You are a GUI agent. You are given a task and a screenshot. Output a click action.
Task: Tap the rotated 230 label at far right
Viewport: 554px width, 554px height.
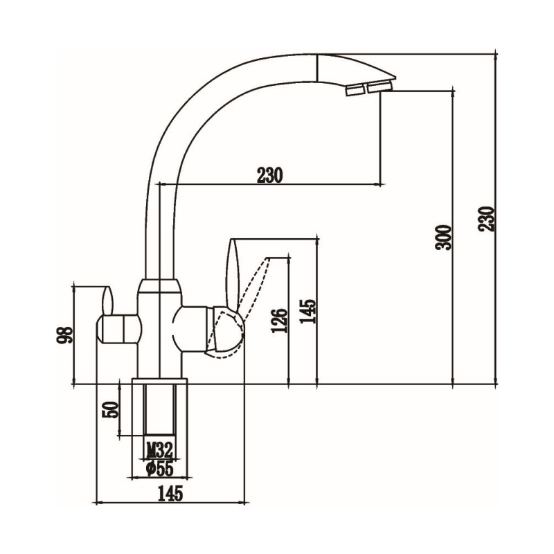coord(487,219)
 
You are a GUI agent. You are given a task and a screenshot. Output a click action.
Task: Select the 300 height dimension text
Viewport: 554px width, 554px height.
coord(443,238)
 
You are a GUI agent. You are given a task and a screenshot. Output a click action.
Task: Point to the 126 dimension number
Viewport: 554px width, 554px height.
coord(279,321)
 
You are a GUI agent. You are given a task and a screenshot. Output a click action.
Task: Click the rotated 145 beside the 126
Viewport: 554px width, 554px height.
coord(307,311)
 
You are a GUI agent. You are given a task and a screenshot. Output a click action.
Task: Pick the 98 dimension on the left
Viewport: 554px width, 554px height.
coord(64,334)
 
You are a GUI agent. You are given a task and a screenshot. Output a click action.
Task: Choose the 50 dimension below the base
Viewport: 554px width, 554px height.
coord(110,410)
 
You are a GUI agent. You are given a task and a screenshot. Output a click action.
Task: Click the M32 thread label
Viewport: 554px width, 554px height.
coord(160,449)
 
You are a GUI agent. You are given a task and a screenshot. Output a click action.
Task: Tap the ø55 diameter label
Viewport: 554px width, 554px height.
coord(160,470)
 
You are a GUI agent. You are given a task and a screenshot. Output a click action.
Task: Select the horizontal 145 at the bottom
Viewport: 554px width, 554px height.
coord(170,494)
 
